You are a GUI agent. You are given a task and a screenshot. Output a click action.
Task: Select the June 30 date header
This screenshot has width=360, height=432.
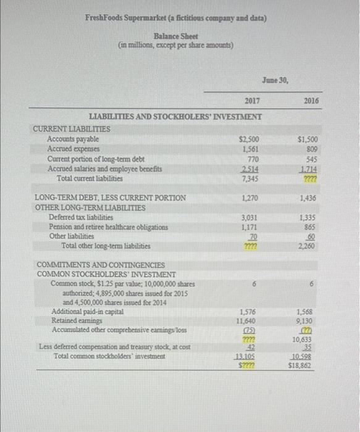(272, 80)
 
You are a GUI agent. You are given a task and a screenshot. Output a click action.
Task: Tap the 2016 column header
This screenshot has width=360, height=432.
(311, 101)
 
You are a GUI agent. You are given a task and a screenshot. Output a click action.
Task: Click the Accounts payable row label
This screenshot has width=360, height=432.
(73, 140)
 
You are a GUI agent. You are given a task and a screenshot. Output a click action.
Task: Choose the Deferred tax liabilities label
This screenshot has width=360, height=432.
(81, 217)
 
